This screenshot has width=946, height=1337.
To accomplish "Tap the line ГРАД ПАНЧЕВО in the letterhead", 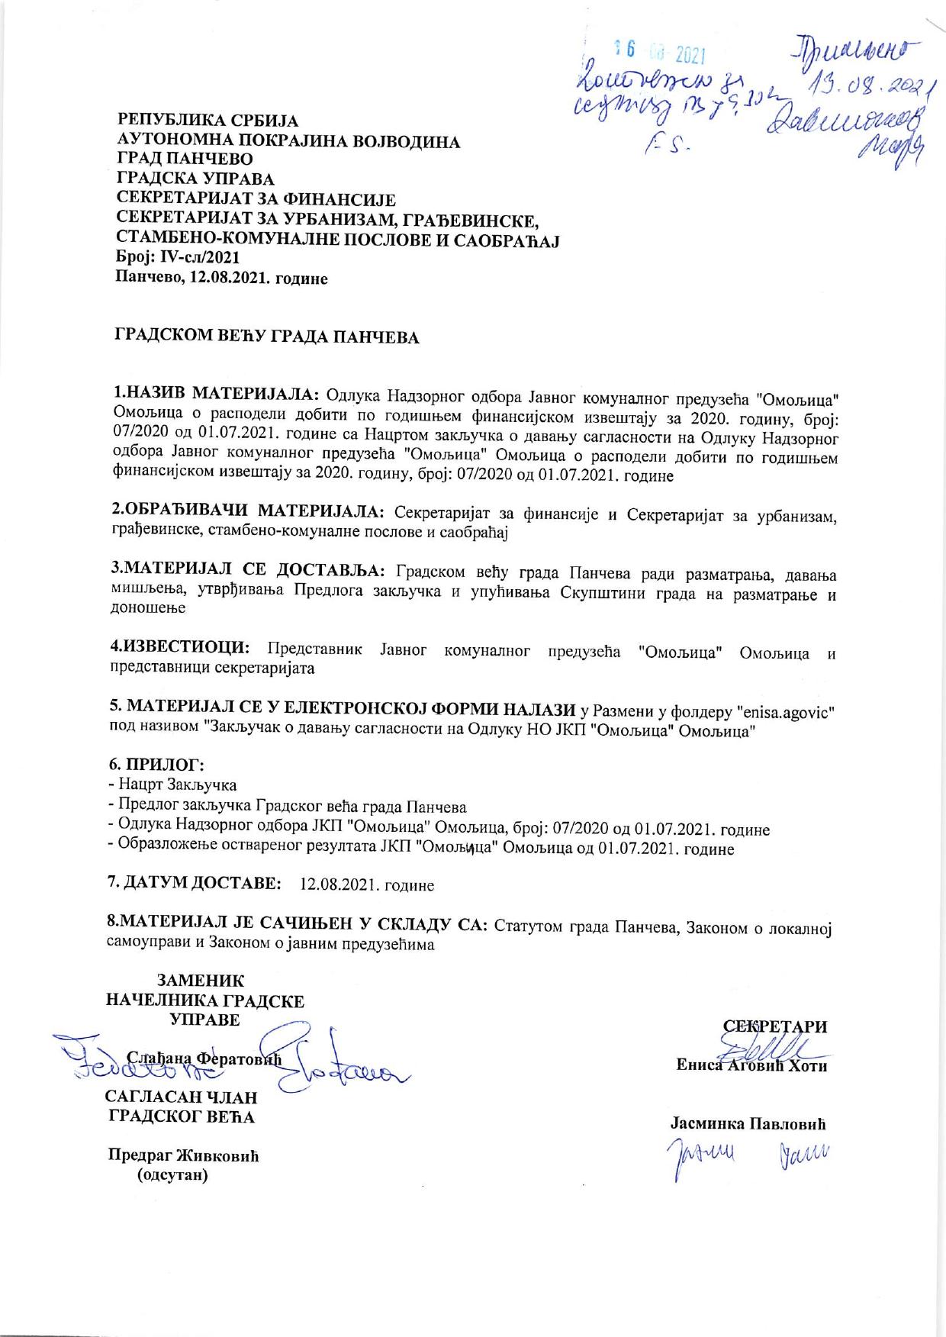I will point(183,160).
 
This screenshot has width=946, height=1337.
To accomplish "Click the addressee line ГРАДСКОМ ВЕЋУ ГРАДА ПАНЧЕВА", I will point(267,337).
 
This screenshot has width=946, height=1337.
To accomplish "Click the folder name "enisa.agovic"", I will point(785,712).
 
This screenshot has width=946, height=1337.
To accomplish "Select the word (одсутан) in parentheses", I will point(172,1175).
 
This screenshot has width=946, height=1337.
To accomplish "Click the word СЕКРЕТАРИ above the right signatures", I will point(775,1026).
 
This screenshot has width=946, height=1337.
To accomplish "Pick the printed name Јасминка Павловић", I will point(748,1124).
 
